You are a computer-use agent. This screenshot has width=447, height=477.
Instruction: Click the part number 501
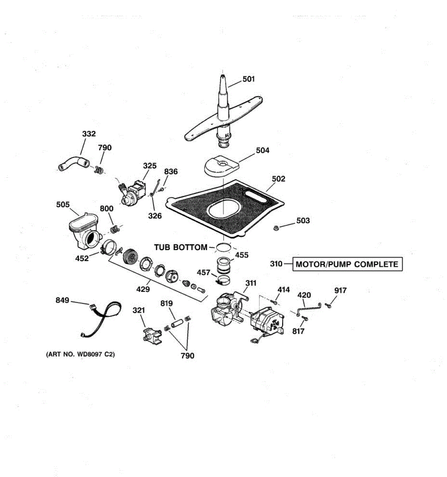coord(249,79)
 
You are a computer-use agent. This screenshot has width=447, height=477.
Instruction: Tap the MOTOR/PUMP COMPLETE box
coord(347,264)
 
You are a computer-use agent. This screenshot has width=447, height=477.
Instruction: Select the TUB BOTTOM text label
coord(181,247)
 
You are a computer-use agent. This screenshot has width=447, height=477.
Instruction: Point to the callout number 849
coord(62,301)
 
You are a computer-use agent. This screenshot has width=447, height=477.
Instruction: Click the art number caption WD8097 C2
coord(81,354)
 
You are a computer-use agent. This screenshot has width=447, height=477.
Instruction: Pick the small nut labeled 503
coord(275,228)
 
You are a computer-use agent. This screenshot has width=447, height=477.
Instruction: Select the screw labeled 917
coord(328,305)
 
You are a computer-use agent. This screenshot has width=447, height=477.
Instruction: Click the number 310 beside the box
coord(276,264)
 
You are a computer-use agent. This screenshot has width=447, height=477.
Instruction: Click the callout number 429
coord(143,289)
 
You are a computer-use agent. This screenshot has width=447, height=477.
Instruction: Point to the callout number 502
coord(279,179)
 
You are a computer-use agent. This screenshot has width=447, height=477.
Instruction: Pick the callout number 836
coord(171,172)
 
